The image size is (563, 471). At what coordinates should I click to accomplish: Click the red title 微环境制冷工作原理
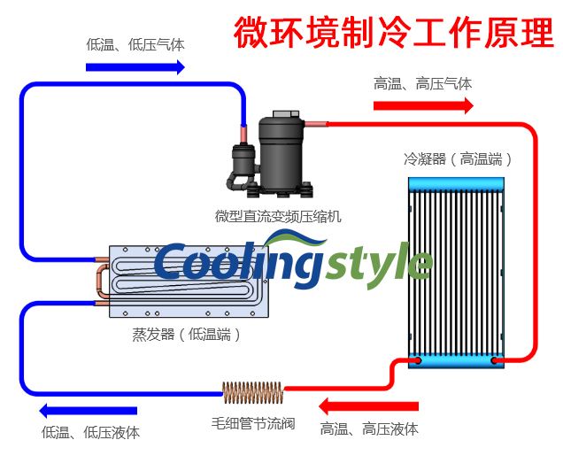coord(394,33)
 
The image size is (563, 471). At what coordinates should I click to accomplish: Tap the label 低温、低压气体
coord(135,43)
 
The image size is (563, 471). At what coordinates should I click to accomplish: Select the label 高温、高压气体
coord(422,84)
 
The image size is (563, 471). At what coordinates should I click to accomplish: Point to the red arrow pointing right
coord(422,106)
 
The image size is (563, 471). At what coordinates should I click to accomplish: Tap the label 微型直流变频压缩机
coord(277,216)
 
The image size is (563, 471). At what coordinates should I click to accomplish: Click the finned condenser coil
coord(456,270)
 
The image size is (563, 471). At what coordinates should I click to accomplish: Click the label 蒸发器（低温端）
coord(186,335)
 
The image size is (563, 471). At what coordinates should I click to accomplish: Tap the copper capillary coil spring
coord(252,390)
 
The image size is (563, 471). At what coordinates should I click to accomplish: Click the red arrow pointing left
coord(368,406)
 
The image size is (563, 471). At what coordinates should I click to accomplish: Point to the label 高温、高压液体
coord(369,429)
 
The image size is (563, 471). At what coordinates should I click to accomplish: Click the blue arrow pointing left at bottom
coord(88,411)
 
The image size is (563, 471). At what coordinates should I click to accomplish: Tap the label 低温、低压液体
coord(90,433)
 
